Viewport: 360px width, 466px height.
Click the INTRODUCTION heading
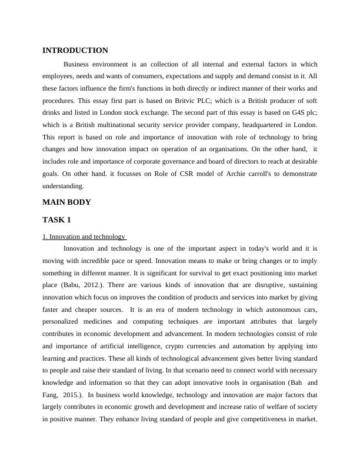[75, 51]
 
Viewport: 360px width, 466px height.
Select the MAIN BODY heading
[66, 202]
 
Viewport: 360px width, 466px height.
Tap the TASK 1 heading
[56, 220]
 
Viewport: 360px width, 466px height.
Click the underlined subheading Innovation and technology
[84, 237]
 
